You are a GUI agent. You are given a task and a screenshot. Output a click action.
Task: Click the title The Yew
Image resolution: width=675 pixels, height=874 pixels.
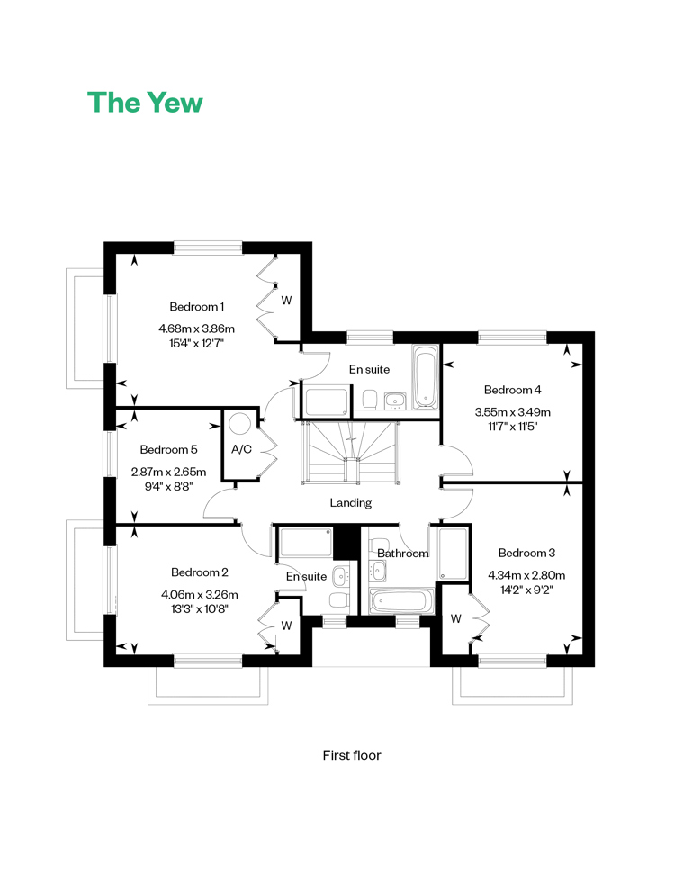pyautogui.click(x=145, y=103)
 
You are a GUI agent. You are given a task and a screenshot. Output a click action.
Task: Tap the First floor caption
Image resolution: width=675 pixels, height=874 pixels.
pyautogui.click(x=352, y=755)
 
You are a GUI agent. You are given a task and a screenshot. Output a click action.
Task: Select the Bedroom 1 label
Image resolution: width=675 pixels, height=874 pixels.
pyautogui.click(x=197, y=307)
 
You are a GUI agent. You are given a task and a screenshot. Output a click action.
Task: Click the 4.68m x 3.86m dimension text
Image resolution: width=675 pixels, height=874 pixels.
pyautogui.click(x=197, y=329)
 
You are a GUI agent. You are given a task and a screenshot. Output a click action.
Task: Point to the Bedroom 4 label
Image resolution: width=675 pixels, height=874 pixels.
pyautogui.click(x=512, y=390)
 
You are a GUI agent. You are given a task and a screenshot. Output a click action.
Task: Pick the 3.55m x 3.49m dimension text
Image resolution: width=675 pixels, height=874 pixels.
pyautogui.click(x=513, y=412)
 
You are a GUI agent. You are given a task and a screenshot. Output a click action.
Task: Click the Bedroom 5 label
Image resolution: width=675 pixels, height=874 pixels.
pyautogui.click(x=168, y=449)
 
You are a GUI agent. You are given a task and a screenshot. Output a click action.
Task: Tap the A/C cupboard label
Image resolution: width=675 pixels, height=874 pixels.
pyautogui.click(x=241, y=449)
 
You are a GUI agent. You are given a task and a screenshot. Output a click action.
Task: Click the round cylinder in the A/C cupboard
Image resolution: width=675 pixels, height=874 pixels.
pyautogui.click(x=240, y=423)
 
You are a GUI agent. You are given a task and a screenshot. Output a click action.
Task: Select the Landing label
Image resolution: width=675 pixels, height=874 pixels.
pyautogui.click(x=351, y=503)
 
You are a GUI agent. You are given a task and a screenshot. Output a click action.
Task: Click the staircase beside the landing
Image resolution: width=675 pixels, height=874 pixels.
pyautogui.click(x=351, y=452)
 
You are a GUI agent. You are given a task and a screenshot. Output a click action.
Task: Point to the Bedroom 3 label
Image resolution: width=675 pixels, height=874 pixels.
pyautogui.click(x=526, y=553)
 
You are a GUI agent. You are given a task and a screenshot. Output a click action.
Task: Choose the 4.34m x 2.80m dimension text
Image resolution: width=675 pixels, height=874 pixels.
pyautogui.click(x=526, y=575)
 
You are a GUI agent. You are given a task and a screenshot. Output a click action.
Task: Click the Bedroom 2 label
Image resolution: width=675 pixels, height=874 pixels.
pyautogui.click(x=200, y=572)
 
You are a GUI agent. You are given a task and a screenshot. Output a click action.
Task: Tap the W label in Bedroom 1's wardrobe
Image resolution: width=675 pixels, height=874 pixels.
pyautogui.click(x=286, y=301)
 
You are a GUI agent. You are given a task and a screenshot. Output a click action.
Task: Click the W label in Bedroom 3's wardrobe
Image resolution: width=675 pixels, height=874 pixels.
pyautogui.click(x=456, y=618)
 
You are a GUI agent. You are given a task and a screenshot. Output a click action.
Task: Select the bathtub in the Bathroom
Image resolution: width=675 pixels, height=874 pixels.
pyautogui.click(x=402, y=601)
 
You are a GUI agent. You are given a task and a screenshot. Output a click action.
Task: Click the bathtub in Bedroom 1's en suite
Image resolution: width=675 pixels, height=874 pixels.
pyautogui.click(x=426, y=376)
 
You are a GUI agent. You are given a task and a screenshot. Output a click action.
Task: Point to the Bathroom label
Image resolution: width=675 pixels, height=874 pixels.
pyautogui.click(x=403, y=554)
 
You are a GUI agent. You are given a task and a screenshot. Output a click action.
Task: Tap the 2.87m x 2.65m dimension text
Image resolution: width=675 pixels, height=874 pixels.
pyautogui.click(x=168, y=473)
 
